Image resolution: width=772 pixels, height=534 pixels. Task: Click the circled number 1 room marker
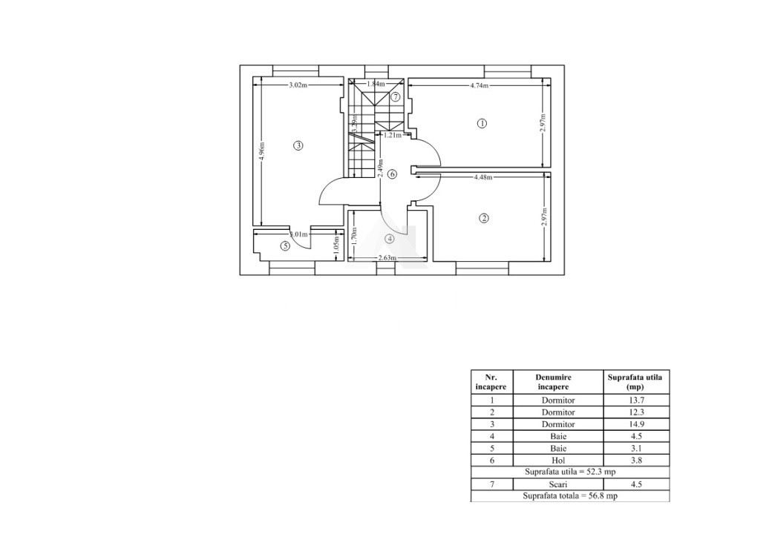pos(481,124)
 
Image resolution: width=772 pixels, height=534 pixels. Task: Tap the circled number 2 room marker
pos(484,218)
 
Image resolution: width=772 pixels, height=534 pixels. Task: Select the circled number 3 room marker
pos(298,145)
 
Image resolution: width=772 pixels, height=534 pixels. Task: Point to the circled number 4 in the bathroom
pos(390,239)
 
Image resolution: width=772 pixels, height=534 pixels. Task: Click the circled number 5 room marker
pos(285,246)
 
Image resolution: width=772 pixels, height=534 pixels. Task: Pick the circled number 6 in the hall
pos(393,174)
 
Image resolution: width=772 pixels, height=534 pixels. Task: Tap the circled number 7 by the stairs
pos(396,96)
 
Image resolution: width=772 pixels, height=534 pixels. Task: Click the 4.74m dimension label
pos(480,85)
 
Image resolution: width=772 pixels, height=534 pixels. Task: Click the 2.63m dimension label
pos(387,258)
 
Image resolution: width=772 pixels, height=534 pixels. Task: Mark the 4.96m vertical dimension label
pos(261,155)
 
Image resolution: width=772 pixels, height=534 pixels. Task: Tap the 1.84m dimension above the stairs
pos(376,85)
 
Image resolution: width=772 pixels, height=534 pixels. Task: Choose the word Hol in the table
pos(558,460)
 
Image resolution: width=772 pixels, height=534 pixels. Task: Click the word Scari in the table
pos(558,484)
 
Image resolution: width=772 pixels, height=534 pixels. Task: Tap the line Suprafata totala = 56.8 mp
pos(569,496)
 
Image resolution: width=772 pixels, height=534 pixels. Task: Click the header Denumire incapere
pos(558,382)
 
